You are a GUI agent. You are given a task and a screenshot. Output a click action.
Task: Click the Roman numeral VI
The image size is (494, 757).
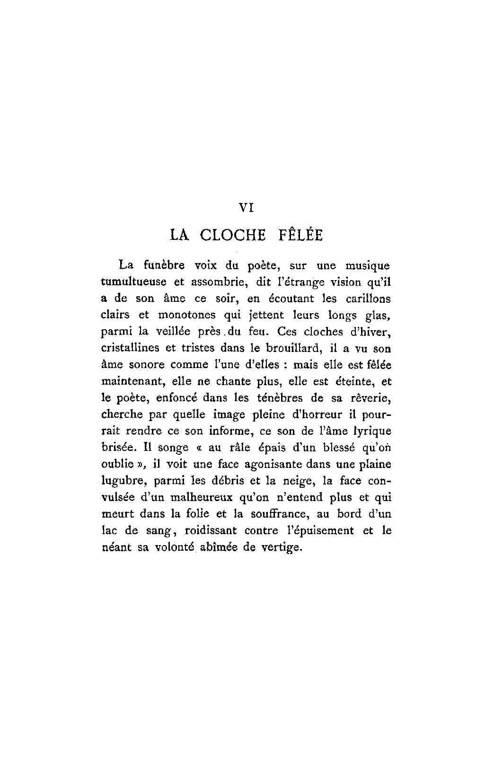pyautogui.click(x=247, y=207)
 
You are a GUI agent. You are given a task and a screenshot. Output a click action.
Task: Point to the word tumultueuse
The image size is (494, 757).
pyautogui.click(x=134, y=282)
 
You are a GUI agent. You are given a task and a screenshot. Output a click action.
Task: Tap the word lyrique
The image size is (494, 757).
pyautogui.click(x=372, y=431)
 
